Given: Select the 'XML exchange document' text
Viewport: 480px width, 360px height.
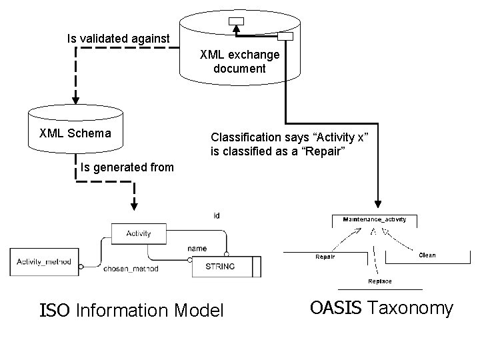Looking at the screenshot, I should tap(239, 61).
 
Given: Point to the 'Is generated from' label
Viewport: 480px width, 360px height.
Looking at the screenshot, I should tap(127, 167).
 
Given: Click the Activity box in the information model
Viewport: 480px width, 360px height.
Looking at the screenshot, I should tap(138, 233).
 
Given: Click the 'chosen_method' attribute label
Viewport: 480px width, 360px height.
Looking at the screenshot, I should tap(131, 269).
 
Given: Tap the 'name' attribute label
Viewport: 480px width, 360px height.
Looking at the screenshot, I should tap(197, 249).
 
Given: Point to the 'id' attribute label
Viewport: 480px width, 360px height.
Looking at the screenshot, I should tap(217, 215).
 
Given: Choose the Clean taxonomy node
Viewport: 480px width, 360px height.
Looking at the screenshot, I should tap(427, 255).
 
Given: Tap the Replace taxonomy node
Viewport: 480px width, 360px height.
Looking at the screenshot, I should tap(379, 281).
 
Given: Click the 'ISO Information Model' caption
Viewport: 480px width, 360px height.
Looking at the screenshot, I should tap(132, 310).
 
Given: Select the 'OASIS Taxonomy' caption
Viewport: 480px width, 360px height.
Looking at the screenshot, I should tap(381, 308).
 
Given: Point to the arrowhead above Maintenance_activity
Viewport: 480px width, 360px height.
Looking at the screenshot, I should tap(378, 203).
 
